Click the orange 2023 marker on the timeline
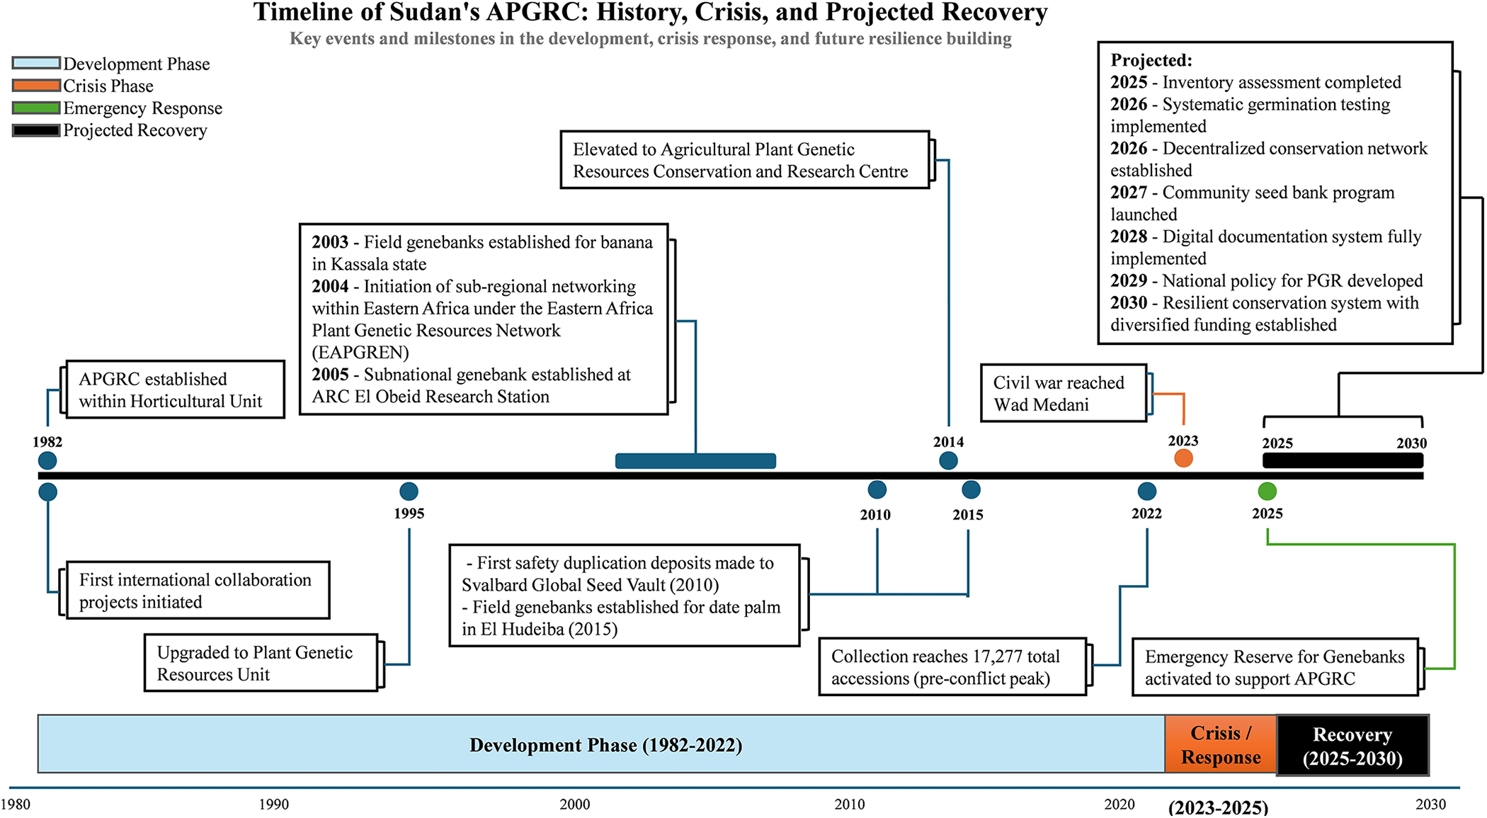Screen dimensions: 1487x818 pyautogui.click(x=1183, y=458)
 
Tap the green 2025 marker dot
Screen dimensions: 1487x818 pyautogui.click(x=1267, y=491)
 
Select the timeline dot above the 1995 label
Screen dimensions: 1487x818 pyautogui.click(x=409, y=491)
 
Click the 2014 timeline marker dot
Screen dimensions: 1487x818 pyautogui.click(x=948, y=461)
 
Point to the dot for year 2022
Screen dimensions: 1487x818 pyautogui.click(x=1146, y=491)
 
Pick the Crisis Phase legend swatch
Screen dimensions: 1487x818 pyautogui.click(x=36, y=86)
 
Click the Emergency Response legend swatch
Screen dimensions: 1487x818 pyautogui.click(x=36, y=108)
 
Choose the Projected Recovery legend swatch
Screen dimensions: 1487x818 pyautogui.click(x=36, y=130)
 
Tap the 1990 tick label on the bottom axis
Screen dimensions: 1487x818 pyautogui.click(x=273, y=805)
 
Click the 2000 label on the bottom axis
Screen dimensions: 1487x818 pyautogui.click(x=574, y=805)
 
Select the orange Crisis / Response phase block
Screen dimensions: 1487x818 pyautogui.click(x=1221, y=744)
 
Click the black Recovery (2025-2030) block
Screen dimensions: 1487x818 pyautogui.click(x=1352, y=745)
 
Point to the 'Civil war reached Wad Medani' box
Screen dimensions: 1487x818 pyautogui.click(x=1064, y=393)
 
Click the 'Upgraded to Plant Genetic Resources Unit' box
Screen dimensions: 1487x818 pyautogui.click(x=261, y=663)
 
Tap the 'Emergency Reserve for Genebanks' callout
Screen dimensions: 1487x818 pyautogui.click(x=1275, y=667)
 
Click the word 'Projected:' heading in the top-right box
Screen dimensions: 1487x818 pyautogui.click(x=1151, y=60)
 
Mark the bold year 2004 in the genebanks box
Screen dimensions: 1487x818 pyautogui.click(x=330, y=286)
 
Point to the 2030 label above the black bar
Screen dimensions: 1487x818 pyautogui.click(x=1411, y=443)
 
